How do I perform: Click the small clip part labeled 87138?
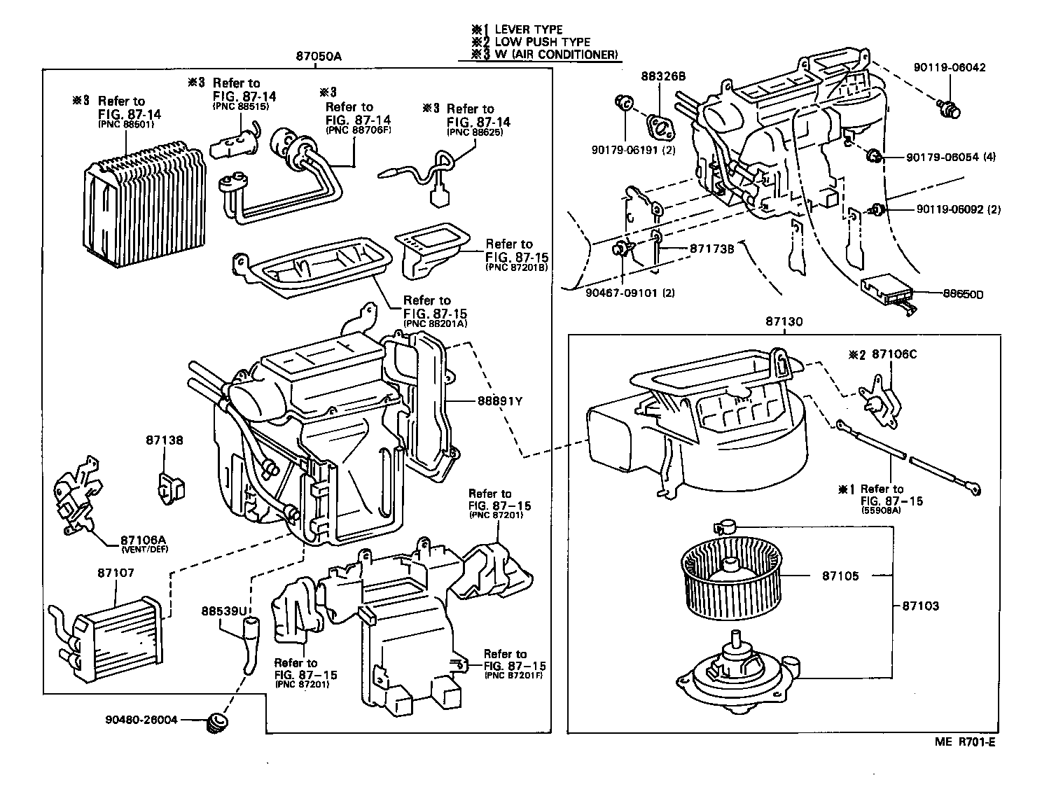pyautogui.click(x=169, y=485)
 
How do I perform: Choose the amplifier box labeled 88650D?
pyautogui.click(x=886, y=289)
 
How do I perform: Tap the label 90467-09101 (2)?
pyautogui.click(x=630, y=293)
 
